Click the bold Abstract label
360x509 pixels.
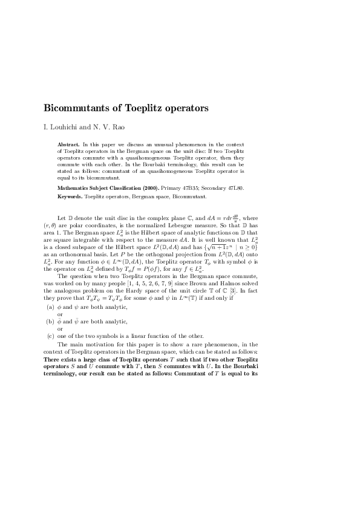click(x=68, y=145)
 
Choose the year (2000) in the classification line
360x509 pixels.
click(x=150, y=189)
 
